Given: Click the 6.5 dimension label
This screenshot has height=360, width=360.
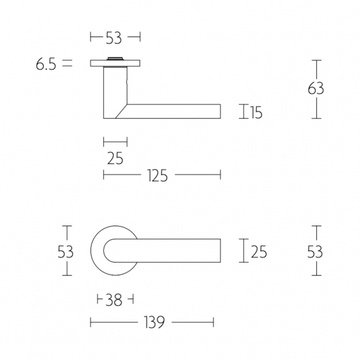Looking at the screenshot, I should coord(45,64).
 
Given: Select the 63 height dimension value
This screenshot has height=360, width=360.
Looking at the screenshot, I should coord(316,89).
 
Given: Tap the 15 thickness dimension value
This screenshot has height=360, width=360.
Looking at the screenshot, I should coord(255,112).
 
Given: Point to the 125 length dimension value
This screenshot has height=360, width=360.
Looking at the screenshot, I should coord(157,175).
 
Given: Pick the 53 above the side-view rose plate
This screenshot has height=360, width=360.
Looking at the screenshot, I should coord(114,38).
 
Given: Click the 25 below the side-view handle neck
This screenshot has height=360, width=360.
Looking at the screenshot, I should coord(115,159).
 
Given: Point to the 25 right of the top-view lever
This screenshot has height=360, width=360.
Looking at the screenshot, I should coord(259,252).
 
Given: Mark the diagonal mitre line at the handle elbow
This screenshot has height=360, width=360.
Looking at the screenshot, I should coord(122,111).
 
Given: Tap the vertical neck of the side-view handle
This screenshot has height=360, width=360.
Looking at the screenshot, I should coord(112,89).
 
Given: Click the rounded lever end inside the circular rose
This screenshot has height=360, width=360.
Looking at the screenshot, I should coord(109,252).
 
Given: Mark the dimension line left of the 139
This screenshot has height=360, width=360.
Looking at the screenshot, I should coord(112,322).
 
